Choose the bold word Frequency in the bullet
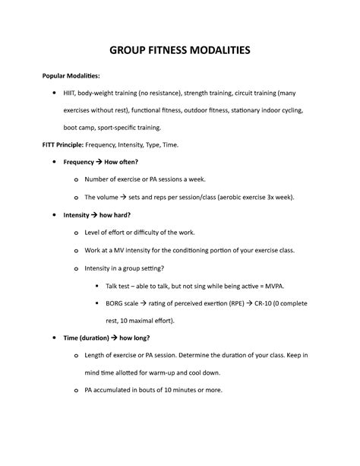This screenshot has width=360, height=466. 79,162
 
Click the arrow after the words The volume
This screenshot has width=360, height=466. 126,197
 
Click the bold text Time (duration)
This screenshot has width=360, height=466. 93,338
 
